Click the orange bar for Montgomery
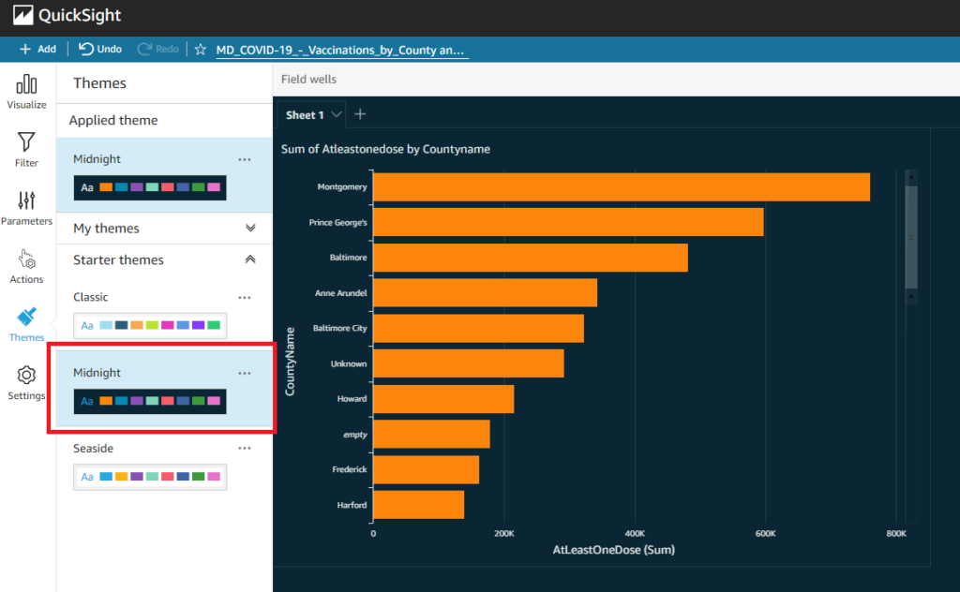[621, 186]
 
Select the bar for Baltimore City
[478, 328]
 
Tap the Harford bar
[418, 505]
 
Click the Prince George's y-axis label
[337, 222]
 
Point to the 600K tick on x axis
[765, 533]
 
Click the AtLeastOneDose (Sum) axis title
[613, 550]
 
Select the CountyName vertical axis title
[290, 360]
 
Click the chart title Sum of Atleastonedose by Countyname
[385, 149]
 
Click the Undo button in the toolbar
[99, 49]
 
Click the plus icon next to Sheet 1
[360, 114]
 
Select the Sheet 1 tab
[305, 115]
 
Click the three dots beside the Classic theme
[245, 297]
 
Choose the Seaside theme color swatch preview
[150, 477]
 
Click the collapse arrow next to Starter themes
[250, 259]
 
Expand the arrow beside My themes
[250, 228]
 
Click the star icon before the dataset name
[201, 49]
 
